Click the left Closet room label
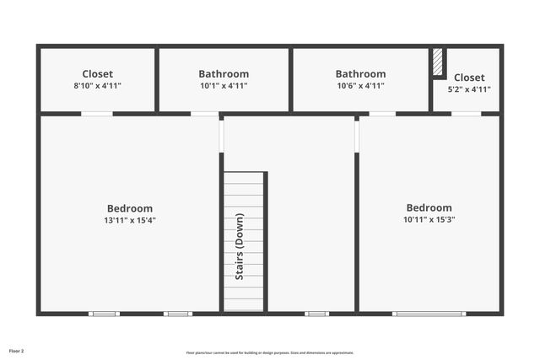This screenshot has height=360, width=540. (x=97, y=74)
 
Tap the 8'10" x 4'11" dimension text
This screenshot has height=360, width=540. (x=97, y=86)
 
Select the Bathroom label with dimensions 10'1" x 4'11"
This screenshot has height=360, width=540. (x=224, y=74)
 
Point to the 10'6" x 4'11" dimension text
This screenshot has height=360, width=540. (x=360, y=86)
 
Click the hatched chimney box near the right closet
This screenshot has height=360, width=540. (x=438, y=63)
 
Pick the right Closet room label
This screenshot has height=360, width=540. (x=469, y=78)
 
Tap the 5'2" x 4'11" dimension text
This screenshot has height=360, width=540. (x=469, y=89)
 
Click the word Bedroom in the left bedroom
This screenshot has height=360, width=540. (x=130, y=209)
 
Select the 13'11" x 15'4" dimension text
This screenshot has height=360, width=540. (x=130, y=221)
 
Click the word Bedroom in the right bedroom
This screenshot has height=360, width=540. (x=429, y=208)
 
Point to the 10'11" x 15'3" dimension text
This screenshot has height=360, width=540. (x=429, y=220)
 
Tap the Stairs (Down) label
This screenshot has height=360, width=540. (x=240, y=247)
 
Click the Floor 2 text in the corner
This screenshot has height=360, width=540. (x=17, y=350)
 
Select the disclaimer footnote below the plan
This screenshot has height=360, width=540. (x=270, y=352)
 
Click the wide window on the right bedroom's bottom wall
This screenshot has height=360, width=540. (x=429, y=314)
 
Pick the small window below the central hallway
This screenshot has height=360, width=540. (x=316, y=314)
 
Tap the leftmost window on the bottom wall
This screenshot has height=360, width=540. (x=104, y=314)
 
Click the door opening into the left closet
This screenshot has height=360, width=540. (x=97, y=114)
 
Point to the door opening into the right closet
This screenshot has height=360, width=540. (x=466, y=114)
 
